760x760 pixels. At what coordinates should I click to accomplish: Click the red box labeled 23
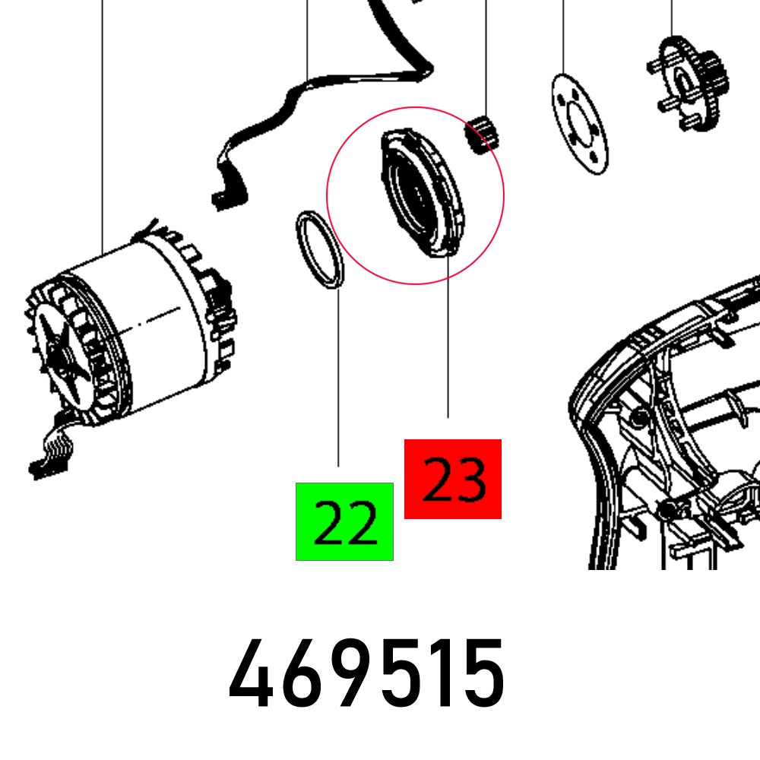tap(452, 479)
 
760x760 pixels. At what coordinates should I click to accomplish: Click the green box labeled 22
tap(344, 521)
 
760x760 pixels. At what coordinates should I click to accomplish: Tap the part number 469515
tap(366, 673)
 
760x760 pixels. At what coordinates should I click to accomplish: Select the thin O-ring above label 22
tap(319, 251)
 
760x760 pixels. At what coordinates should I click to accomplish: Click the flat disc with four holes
tap(579, 123)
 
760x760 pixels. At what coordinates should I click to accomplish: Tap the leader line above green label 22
tap(338, 380)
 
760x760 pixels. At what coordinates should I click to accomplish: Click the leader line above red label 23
tap(448, 342)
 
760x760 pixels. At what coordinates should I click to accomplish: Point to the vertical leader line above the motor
tap(103, 114)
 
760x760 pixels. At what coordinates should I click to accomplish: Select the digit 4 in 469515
tap(251, 673)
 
